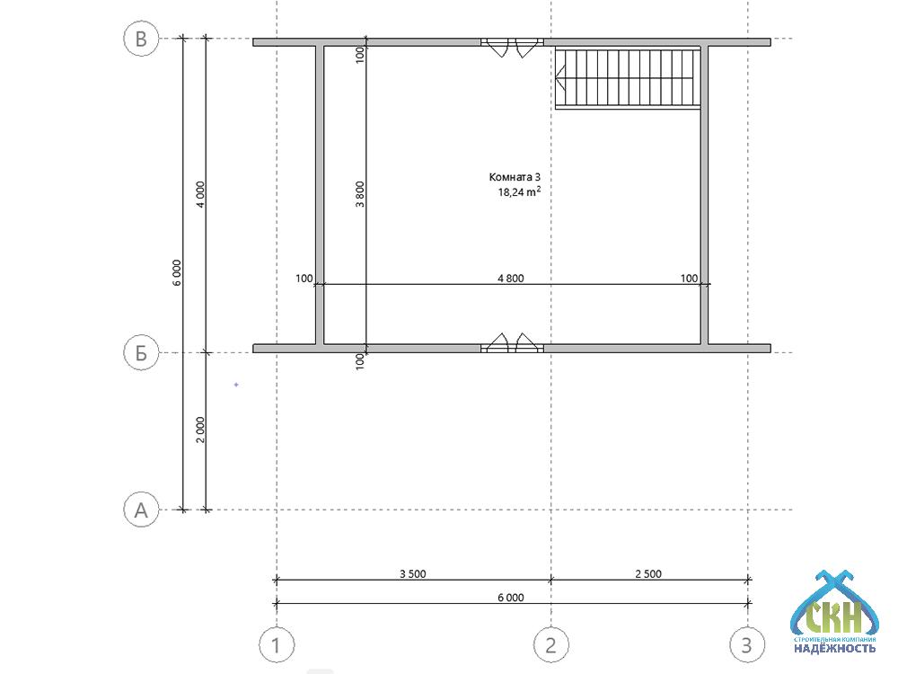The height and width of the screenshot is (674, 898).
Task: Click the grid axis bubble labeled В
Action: (141, 39)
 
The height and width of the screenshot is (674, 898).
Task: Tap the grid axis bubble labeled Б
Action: (141, 353)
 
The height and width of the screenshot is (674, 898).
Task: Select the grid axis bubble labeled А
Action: (141, 510)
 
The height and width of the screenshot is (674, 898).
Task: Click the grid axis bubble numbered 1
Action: (277, 644)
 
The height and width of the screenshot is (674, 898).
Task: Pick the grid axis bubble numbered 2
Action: (551, 644)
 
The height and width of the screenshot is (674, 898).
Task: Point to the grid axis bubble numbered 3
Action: (747, 644)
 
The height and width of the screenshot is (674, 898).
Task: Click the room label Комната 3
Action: (515, 177)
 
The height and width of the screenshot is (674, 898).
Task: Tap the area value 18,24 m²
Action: (519, 192)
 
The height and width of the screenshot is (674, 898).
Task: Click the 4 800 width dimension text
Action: (511, 279)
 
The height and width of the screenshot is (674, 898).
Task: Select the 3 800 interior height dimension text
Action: (360, 194)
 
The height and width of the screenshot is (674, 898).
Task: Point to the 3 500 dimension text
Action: (413, 573)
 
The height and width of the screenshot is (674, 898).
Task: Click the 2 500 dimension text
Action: (648, 573)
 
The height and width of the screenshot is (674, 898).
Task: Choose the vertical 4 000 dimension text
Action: (200, 194)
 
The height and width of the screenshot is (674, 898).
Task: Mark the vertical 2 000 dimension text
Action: (200, 430)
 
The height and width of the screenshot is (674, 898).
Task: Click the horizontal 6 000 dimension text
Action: (511, 598)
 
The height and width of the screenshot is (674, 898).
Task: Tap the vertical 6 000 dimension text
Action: (177, 273)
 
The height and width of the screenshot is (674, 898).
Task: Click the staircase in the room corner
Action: (628, 78)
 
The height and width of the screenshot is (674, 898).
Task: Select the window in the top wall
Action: (512, 47)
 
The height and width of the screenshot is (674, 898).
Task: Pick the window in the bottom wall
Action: (512, 342)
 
